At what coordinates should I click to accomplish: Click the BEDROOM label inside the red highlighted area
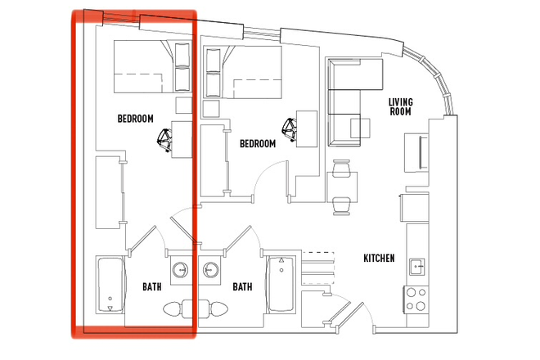click(136, 119)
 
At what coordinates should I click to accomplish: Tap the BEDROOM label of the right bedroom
click(258, 143)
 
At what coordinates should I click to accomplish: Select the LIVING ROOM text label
click(400, 106)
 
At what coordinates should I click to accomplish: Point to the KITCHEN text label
click(379, 259)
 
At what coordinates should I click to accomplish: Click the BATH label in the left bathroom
click(152, 287)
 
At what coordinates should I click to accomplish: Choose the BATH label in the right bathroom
click(242, 287)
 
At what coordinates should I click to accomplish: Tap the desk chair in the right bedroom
click(290, 129)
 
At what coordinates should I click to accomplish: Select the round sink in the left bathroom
click(181, 269)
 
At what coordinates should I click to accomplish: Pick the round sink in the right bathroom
click(212, 269)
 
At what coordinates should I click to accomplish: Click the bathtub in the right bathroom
click(280, 286)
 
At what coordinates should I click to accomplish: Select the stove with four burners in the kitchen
click(417, 299)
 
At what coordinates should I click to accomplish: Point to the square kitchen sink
click(417, 266)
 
